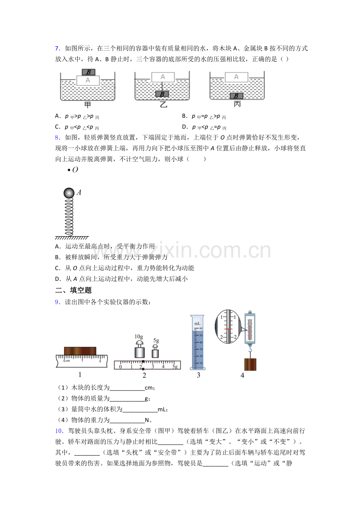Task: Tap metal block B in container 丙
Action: pos(237,96)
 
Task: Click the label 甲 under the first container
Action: pos(88,105)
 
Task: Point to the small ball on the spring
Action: pos(69,193)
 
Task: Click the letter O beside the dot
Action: pos(75,170)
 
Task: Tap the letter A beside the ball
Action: pos(79,193)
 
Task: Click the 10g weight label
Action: pos(138,337)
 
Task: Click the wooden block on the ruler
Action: pos(80,351)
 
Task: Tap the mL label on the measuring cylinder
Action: pos(197,324)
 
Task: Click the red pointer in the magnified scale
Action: pos(228,329)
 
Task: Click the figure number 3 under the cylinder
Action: pos(198,375)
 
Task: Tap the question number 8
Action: pos(57,138)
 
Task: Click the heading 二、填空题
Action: pos(74,290)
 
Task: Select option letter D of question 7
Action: pos(184,127)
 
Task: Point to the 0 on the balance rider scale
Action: pos(120,367)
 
